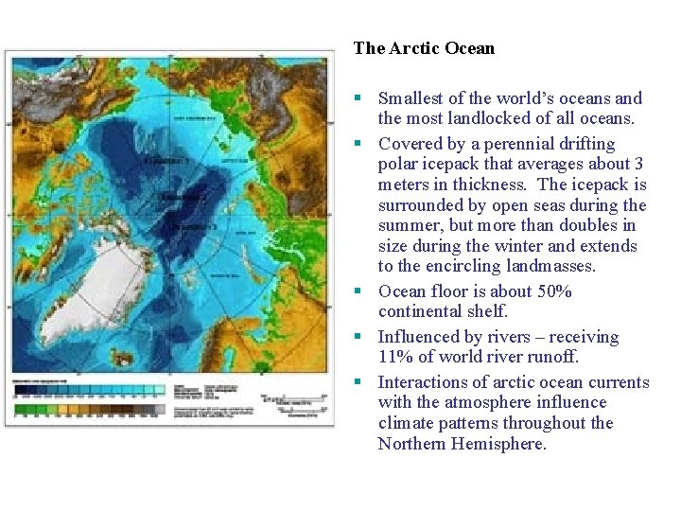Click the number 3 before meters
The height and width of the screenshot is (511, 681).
[x=638, y=165]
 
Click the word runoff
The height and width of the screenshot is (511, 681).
[x=551, y=358]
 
